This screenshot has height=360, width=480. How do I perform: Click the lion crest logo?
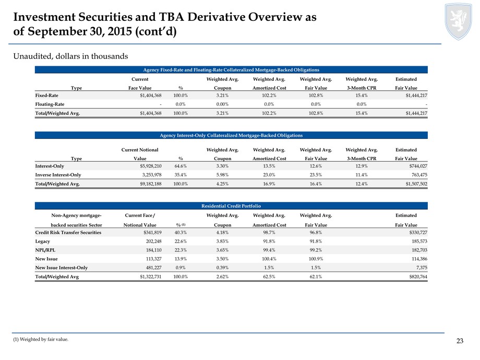click(x=458, y=21)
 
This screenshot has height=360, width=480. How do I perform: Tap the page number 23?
click(x=460, y=341)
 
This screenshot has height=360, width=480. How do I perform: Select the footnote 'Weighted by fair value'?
click(x=41, y=339)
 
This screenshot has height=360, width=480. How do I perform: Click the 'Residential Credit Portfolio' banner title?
click(x=231, y=206)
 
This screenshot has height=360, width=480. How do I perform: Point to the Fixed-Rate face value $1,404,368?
click(x=151, y=95)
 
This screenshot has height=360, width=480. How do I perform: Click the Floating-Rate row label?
click(x=50, y=104)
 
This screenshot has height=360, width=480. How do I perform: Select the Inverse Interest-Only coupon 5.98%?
click(x=223, y=175)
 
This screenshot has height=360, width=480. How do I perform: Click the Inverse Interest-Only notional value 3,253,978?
click(x=152, y=175)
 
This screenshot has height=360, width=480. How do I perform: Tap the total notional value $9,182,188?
click(x=151, y=184)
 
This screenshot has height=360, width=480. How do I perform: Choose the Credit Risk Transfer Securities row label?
click(x=68, y=232)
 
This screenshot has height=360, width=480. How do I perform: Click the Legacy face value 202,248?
click(x=154, y=241)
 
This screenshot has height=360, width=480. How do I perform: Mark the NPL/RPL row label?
click(x=45, y=250)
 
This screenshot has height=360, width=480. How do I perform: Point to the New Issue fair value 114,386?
click(x=419, y=259)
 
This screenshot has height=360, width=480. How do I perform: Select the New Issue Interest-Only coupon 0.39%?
click(x=223, y=268)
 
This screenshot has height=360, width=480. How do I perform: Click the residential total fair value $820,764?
click(x=418, y=277)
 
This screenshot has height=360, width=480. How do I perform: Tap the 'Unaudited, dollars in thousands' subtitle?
click(x=71, y=56)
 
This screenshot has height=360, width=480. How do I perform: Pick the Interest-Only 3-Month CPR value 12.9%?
click(x=362, y=166)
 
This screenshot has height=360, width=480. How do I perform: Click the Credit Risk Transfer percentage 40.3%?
click(x=181, y=232)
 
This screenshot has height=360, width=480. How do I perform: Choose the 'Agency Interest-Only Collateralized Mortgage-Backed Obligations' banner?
click(x=231, y=135)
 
